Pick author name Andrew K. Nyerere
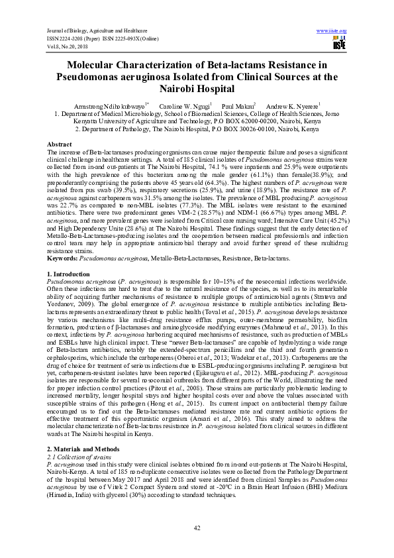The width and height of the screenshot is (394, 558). pos(292,106)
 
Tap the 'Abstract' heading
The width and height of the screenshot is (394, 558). pos(60,144)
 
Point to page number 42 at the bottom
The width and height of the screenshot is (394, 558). pos(197,528)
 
